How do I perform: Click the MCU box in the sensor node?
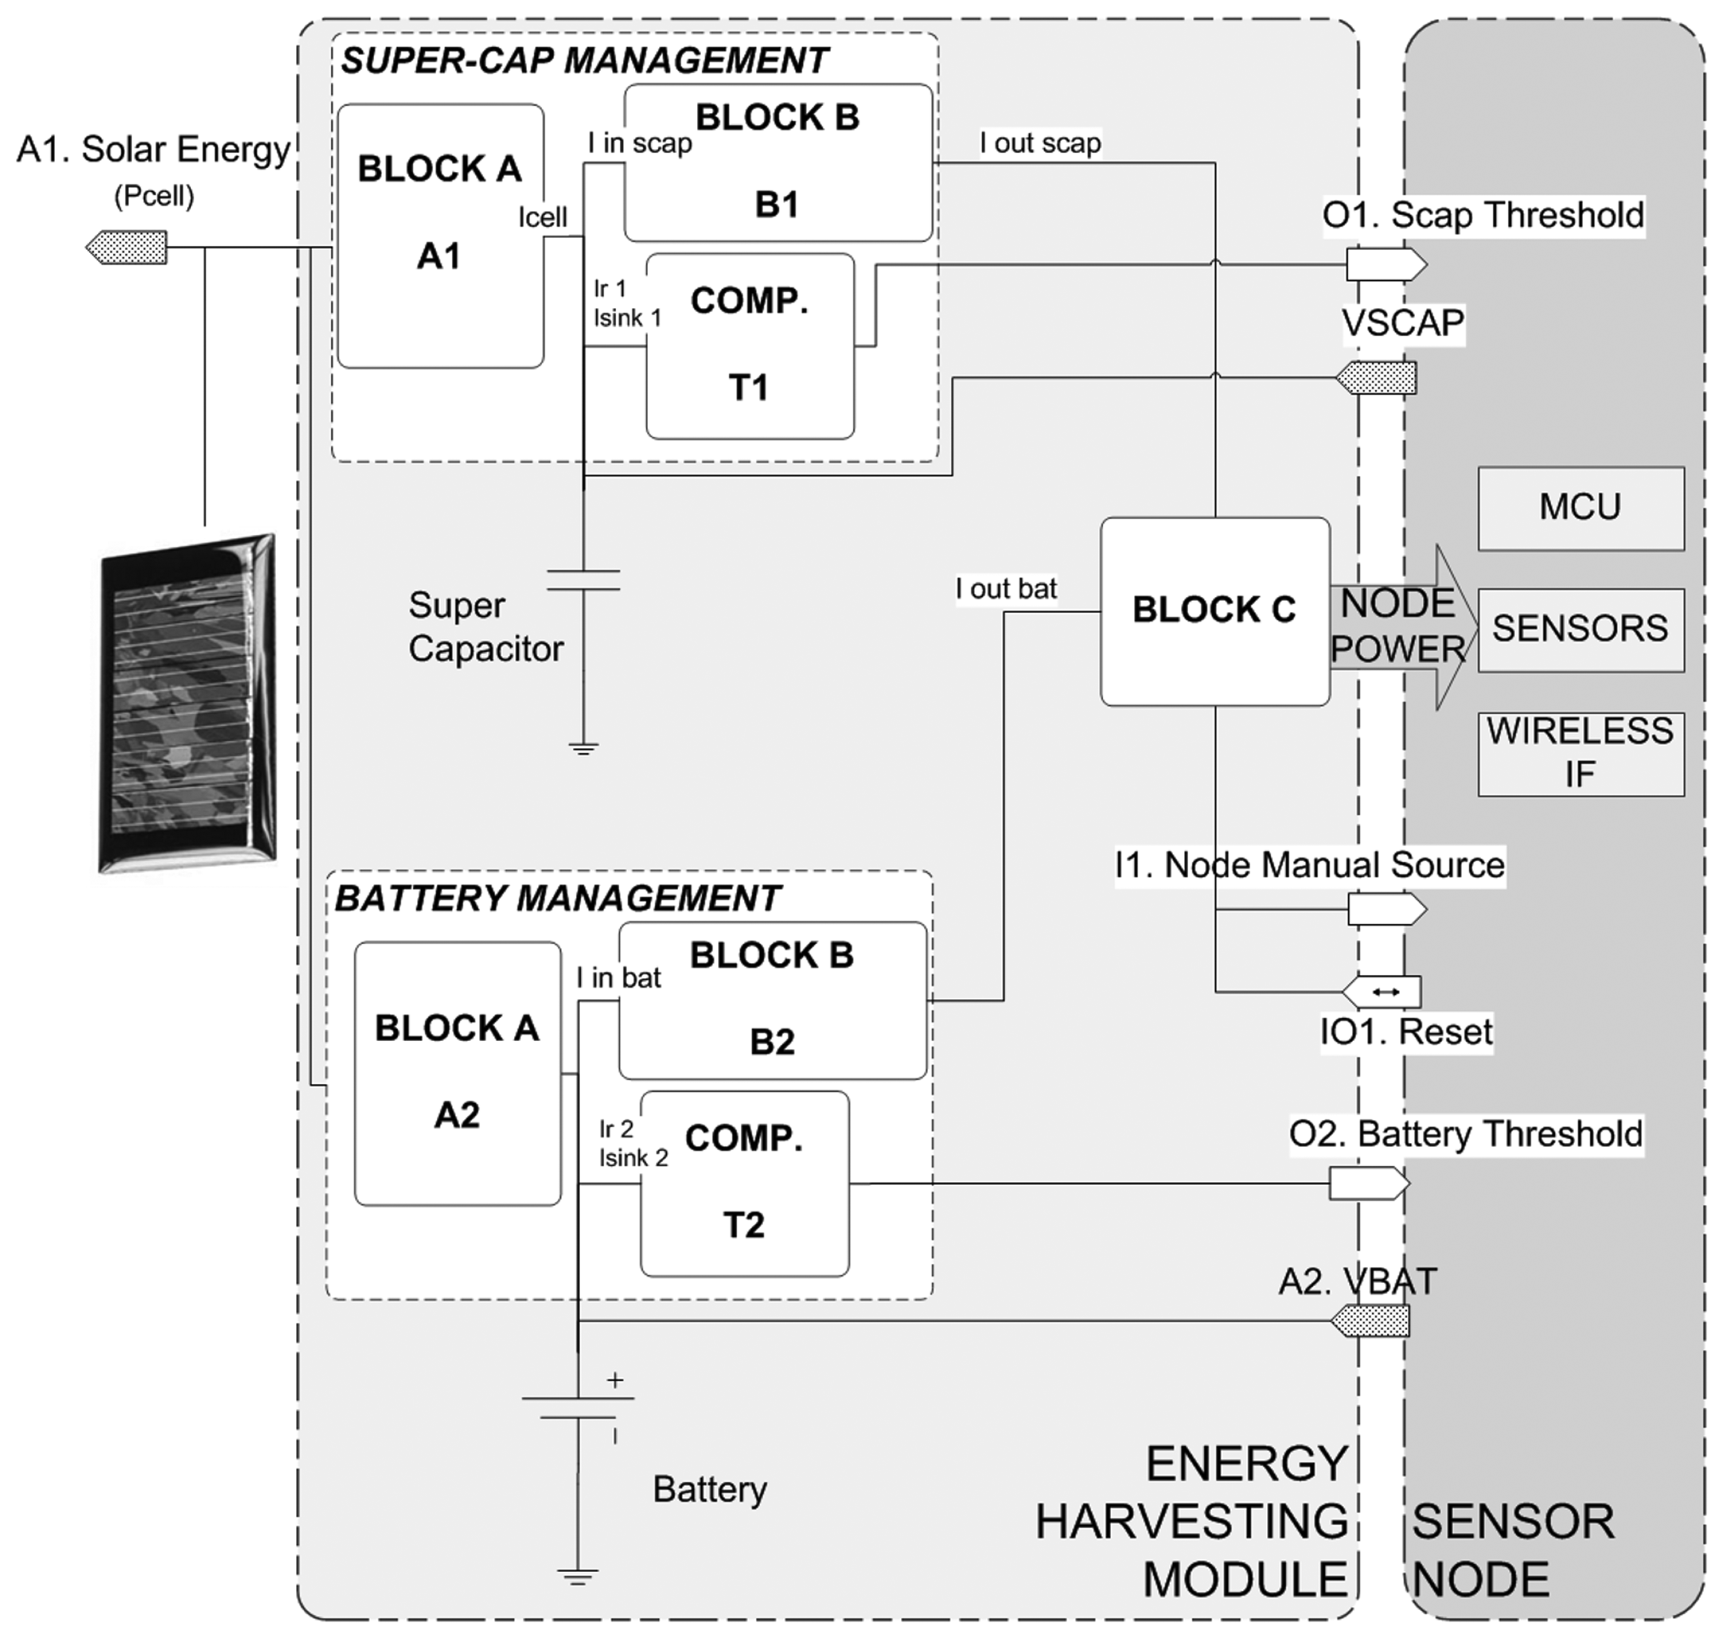tap(1580, 508)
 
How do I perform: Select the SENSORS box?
tap(1580, 630)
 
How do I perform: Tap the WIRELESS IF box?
tap(1580, 753)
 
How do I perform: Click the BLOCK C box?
tap(1214, 611)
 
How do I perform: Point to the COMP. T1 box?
tap(749, 346)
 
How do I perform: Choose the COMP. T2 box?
tap(744, 1183)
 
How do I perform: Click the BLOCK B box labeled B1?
tap(777, 162)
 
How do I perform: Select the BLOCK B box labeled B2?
tap(772, 1000)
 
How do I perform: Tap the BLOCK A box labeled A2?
tap(456, 1073)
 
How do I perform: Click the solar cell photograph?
tap(188, 703)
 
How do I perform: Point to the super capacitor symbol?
tap(583, 580)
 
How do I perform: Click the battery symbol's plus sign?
tap(615, 1380)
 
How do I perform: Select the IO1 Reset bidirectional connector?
tap(1383, 991)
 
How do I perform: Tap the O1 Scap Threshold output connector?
tap(1385, 264)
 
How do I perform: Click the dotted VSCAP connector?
tap(1377, 378)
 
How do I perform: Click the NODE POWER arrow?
tap(1402, 627)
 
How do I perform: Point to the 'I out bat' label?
tap(1006, 589)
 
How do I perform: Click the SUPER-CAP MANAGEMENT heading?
tap(583, 60)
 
